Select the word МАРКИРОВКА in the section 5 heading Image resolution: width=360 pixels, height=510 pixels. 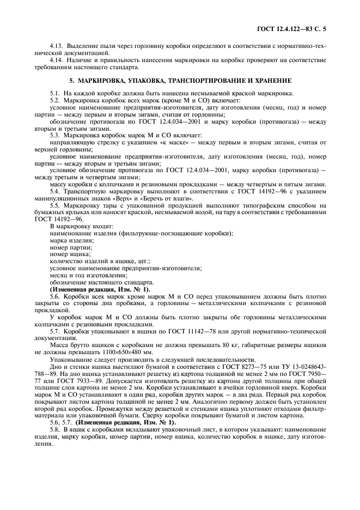[x=97, y=81]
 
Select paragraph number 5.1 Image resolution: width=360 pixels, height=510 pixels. [x=55, y=94]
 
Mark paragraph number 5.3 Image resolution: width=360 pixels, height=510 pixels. [x=55, y=135]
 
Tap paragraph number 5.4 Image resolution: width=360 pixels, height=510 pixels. [x=55, y=191]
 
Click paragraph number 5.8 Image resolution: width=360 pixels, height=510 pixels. [x=55, y=430]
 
